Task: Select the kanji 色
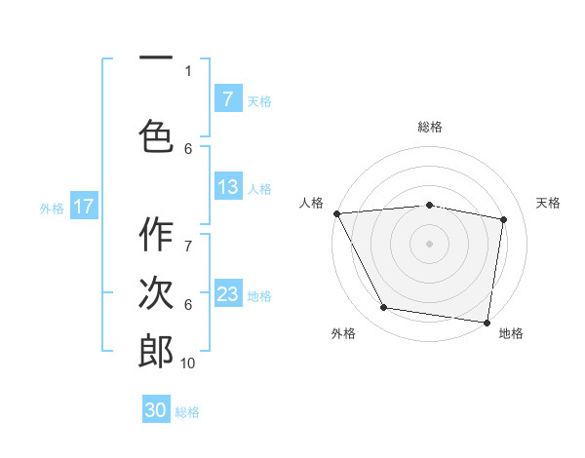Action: pyautogui.click(x=156, y=135)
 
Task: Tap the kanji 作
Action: pyautogui.click(x=156, y=236)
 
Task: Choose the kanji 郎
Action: pyautogui.click(x=156, y=351)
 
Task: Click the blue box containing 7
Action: pyautogui.click(x=227, y=98)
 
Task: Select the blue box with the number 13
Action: pyautogui.click(x=227, y=187)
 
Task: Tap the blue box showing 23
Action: pyautogui.click(x=227, y=294)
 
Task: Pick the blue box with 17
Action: pyautogui.click(x=83, y=207)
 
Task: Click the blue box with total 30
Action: pyautogui.click(x=156, y=410)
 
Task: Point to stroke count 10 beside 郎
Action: pyautogui.click(x=188, y=363)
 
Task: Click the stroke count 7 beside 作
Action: pyautogui.click(x=188, y=235)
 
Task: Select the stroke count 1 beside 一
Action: pyautogui.click(x=188, y=70)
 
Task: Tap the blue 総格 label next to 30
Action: pyautogui.click(x=188, y=412)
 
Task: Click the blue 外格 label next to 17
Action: pyautogui.click(x=52, y=208)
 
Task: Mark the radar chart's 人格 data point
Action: pyautogui.click(x=336, y=213)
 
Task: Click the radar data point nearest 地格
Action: pyautogui.click(x=487, y=322)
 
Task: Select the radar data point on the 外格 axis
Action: pyautogui.click(x=384, y=308)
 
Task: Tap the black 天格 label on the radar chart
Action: pyautogui.click(x=548, y=203)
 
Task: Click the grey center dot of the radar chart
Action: pyautogui.click(x=429, y=244)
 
